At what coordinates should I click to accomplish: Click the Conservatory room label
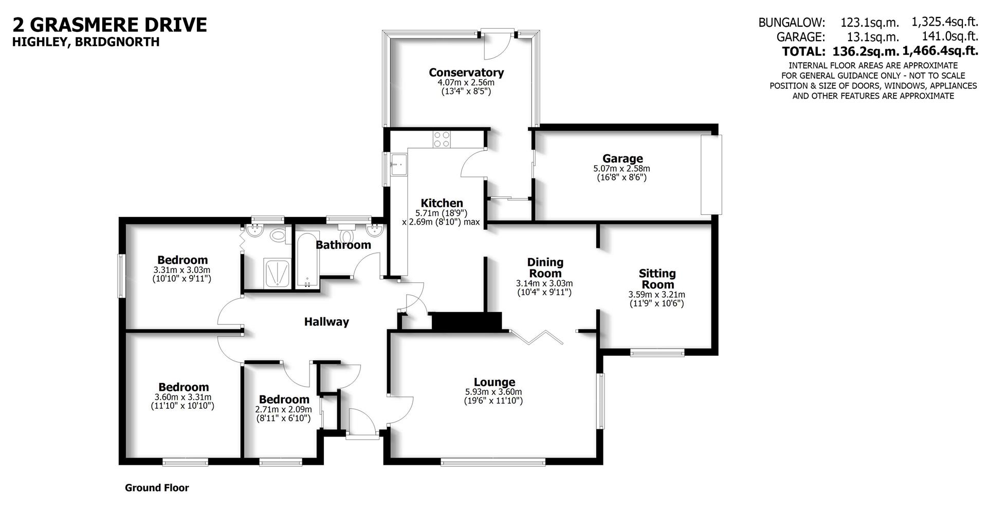(466, 72)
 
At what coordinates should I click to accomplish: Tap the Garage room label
(623, 158)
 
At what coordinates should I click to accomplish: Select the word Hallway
(326, 322)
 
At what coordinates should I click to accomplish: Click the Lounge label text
(494, 382)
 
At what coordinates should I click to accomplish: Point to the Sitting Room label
(657, 279)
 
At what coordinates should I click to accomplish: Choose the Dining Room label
(545, 268)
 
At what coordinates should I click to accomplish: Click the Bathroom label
(343, 245)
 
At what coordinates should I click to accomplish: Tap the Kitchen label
(442, 203)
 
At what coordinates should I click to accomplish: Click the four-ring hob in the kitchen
(442, 139)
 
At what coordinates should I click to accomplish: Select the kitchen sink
(398, 165)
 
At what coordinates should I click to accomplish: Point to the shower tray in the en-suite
(278, 272)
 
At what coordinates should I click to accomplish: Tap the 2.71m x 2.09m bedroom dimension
(284, 409)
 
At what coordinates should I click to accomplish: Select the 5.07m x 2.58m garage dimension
(622, 168)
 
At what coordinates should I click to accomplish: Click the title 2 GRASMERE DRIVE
(109, 24)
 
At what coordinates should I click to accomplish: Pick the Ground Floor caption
(157, 488)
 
